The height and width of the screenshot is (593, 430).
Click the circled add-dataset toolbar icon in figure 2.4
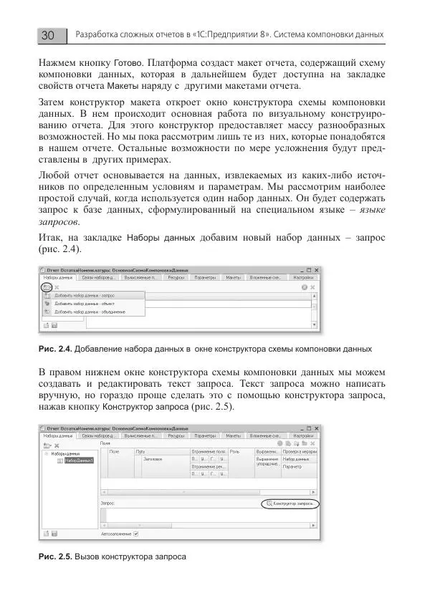(47, 286)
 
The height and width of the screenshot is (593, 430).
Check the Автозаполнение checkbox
(136, 533)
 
